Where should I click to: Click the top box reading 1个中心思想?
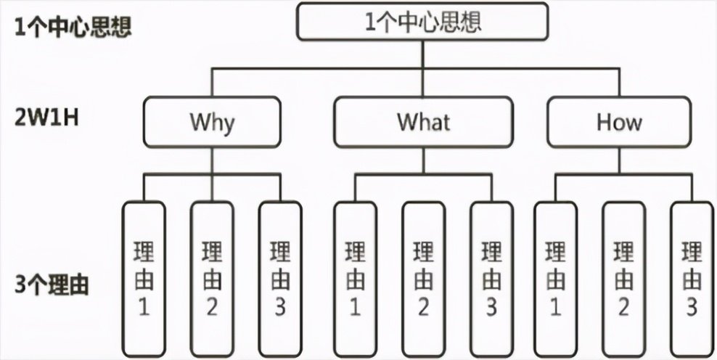423,21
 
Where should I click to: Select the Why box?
212,122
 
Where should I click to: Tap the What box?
424,122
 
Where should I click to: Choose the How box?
619,122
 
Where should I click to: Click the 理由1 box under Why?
144,279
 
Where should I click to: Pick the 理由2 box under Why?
212,279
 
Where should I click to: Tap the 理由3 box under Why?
280,279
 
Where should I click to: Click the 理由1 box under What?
356,279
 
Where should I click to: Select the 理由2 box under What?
424,279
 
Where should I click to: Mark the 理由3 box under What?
491,279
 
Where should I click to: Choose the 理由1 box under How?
556,279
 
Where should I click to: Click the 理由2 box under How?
623,279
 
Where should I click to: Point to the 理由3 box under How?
691,279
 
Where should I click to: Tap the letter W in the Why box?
198,122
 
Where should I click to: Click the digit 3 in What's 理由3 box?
491,308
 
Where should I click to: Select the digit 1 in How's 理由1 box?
556,308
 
